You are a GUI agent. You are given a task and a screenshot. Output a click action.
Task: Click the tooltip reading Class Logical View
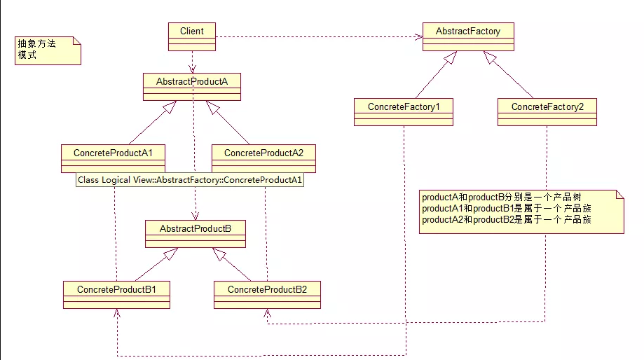(x=191, y=180)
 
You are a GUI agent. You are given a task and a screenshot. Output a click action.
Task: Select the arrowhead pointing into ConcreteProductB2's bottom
(x=268, y=314)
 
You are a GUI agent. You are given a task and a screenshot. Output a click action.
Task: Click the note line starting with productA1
(x=507, y=209)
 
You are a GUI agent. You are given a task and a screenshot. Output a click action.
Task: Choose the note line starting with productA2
(x=507, y=220)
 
